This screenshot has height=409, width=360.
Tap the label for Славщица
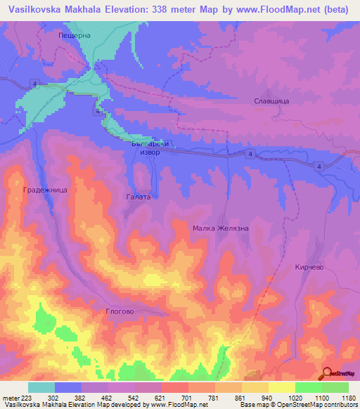pyautogui.click(x=271, y=101)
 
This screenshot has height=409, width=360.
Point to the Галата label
pyautogui.click(x=138, y=197)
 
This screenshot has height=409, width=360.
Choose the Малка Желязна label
pyautogui.click(x=221, y=228)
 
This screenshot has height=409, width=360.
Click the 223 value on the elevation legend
pyautogui.click(x=26, y=397)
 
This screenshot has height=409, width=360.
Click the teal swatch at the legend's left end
pyautogui.click(x=41, y=387)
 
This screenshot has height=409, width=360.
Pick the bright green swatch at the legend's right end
pyautogui.click(x=335, y=387)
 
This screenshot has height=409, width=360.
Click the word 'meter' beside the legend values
pyautogui.click(x=10, y=397)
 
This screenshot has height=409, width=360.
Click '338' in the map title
pyautogui.click(x=176, y=10)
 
